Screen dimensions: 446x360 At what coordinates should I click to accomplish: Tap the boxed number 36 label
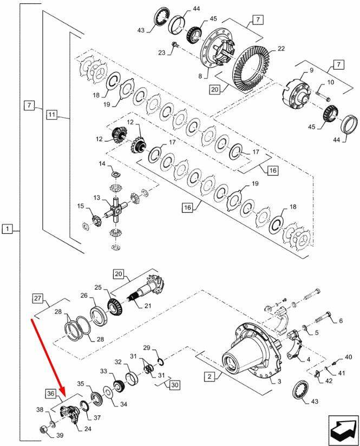click(50, 393)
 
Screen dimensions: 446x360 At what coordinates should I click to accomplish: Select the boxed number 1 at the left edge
click(6, 229)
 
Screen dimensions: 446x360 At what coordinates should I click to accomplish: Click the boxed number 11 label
click(51, 115)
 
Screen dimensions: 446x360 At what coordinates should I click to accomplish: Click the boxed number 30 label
click(174, 385)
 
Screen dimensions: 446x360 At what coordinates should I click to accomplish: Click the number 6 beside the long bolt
click(341, 321)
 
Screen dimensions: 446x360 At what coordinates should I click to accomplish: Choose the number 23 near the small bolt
click(162, 52)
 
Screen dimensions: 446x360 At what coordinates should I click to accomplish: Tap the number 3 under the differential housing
click(280, 382)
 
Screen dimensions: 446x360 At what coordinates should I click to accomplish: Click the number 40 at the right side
click(348, 357)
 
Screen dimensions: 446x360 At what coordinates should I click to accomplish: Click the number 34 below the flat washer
click(123, 404)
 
